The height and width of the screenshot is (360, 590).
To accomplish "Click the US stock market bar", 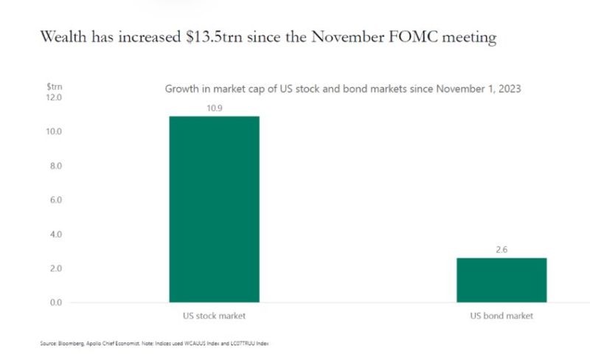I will [x=214, y=210].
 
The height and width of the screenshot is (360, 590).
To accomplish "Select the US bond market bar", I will [x=502, y=280].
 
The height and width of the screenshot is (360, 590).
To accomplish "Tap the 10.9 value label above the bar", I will [x=214, y=108].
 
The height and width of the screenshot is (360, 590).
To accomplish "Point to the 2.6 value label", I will [x=502, y=249].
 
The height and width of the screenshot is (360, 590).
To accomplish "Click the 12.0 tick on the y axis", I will [x=55, y=97].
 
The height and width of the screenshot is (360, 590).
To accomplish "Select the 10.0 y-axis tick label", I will [x=55, y=132].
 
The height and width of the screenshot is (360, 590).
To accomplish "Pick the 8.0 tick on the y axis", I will [x=55, y=166].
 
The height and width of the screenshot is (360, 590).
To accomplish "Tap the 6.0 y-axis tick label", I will [x=55, y=200].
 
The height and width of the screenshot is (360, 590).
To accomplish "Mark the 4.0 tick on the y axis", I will [x=55, y=235].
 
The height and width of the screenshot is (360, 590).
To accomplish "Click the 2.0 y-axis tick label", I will [x=55, y=269].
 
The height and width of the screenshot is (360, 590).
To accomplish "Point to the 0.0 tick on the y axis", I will [x=55, y=302].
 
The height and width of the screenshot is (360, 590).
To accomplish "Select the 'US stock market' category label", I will [x=214, y=316].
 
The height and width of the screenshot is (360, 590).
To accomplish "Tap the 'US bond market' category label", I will [x=502, y=316].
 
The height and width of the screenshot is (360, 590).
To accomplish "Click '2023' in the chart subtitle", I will [x=510, y=89].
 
